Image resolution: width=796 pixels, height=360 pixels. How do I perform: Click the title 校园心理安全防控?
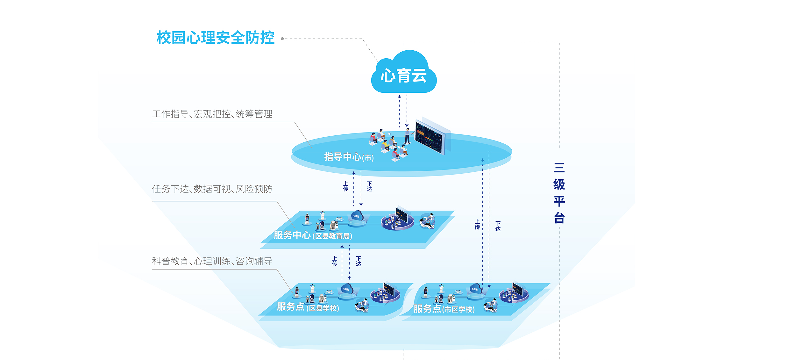coord(216,38)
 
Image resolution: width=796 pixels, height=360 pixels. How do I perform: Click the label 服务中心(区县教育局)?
coord(313,235)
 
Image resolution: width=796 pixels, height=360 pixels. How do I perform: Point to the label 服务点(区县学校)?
coord(308,307)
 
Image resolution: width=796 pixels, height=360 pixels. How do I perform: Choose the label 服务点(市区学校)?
coord(444,309)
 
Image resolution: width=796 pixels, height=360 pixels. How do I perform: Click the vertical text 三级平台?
coord(559,193)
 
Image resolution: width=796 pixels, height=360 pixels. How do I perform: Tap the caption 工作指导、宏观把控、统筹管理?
coord(212,114)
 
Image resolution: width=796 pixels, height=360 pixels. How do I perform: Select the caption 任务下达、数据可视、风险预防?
coord(212,189)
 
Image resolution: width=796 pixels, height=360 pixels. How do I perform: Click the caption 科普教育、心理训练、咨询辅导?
coord(212,261)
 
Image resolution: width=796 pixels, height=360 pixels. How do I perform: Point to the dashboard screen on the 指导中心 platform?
coord(430,137)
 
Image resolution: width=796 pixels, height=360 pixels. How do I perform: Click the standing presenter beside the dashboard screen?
coord(407,136)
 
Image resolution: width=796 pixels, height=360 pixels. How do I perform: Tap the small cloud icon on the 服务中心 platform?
coord(357,216)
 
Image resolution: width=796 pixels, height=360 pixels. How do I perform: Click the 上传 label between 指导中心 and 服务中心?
coord(346,186)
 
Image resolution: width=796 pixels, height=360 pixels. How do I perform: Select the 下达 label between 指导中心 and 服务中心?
coord(369,186)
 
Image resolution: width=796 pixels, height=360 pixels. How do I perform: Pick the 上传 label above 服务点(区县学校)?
coord(335,261)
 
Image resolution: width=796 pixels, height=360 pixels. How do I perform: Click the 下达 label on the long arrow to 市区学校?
coord(498,226)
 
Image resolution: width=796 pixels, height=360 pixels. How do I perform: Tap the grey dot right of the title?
coord(282,39)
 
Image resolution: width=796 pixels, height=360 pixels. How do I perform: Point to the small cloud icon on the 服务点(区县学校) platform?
coord(346,289)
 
